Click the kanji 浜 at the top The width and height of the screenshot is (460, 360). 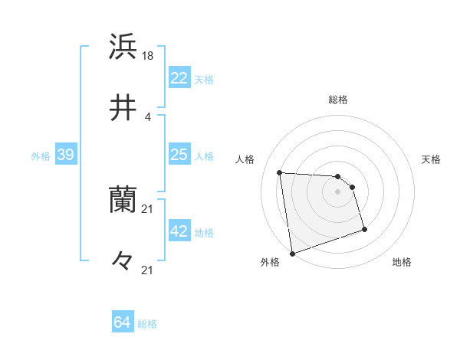pos(123,47)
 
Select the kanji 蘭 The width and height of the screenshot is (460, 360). pos(123,201)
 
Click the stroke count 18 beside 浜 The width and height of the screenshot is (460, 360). pos(149,55)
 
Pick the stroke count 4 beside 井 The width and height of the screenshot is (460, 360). pos(148,116)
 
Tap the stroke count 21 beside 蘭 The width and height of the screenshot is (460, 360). pos(149,209)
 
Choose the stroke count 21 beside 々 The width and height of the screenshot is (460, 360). pos(149,270)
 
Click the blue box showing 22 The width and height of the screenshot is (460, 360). pos(179,78)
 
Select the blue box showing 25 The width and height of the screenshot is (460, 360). pos(179,155)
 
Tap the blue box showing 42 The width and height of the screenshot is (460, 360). pos(179,232)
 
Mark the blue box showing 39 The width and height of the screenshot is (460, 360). pos(66,155)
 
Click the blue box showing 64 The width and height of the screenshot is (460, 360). pos(123,323)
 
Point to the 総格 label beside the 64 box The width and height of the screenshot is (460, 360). pos(147,324)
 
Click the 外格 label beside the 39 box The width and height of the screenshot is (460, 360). pos(41,156)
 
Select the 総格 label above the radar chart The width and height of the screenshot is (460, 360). pos(338,100)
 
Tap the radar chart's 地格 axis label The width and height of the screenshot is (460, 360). pos(402,262)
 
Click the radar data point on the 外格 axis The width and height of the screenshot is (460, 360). pos(292,253)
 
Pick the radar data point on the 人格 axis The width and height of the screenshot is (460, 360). pos(280,172)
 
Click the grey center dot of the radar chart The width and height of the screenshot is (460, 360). pos(338,191)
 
